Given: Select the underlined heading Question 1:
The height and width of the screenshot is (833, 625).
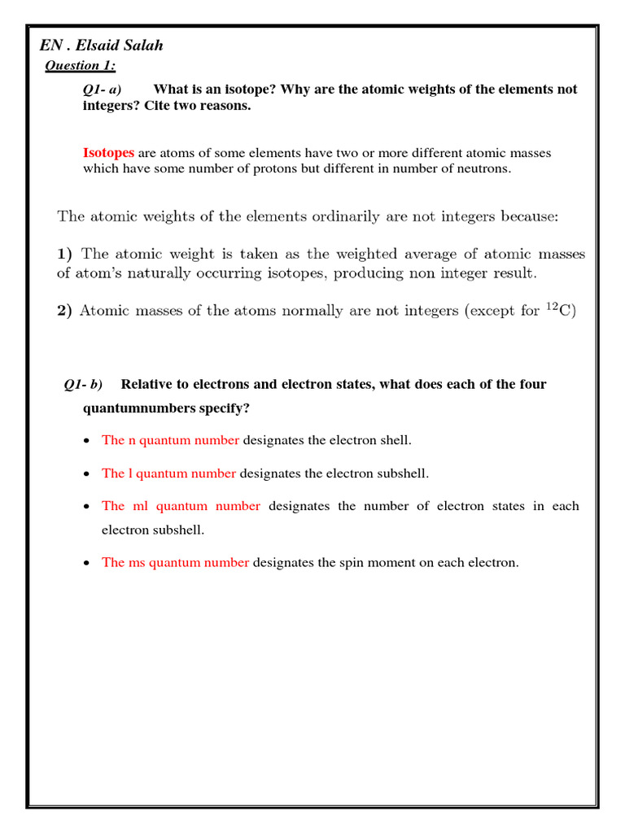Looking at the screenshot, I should coord(80,66).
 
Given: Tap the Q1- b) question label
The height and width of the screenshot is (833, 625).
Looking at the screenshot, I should coord(83,384).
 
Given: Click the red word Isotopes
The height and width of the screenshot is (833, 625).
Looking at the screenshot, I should coord(109,153).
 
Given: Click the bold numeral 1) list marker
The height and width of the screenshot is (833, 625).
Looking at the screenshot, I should coord(65,254).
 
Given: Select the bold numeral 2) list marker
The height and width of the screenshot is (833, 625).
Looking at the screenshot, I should coord(65,310).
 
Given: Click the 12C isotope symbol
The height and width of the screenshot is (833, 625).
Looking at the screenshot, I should coord(559,309).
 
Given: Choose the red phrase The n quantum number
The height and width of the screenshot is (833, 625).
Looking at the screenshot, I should coord(170,440).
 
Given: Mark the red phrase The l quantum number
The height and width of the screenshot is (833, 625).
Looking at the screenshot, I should coord(168,473).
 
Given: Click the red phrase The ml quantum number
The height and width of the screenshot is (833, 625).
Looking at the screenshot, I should coord(181,506).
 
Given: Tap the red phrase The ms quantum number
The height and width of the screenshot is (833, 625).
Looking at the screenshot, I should coord(175,562).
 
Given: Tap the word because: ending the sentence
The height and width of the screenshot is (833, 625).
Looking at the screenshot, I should coord(529,216).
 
